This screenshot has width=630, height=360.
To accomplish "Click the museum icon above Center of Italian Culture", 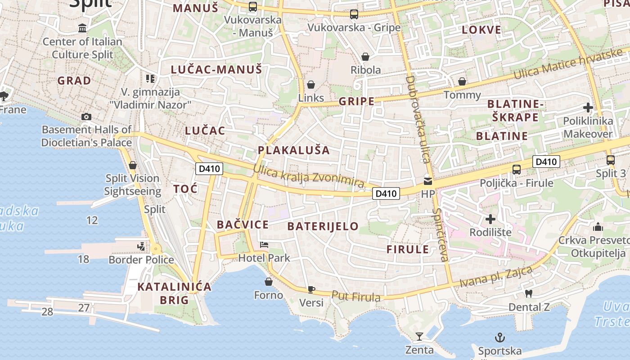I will pyautogui.click(x=82, y=28).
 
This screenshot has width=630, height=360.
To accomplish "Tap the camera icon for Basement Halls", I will pyautogui.click(x=86, y=117).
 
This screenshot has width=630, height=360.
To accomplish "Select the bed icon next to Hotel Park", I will pyautogui.click(x=264, y=245).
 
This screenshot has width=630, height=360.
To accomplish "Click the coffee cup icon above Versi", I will pyautogui.click(x=311, y=289).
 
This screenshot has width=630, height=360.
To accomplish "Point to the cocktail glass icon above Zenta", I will pyautogui.click(x=419, y=336).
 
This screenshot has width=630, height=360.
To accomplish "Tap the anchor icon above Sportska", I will pyautogui.click(x=499, y=337).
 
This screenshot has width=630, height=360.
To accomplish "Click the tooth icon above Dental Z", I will pyautogui.click(x=529, y=294).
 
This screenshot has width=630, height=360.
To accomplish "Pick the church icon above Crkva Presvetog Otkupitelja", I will pyautogui.click(x=598, y=227).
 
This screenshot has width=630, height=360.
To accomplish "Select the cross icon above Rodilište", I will pyautogui.click(x=490, y=219).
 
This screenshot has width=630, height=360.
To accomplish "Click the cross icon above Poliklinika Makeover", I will pyautogui.click(x=588, y=108).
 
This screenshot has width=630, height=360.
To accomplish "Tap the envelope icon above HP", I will pyautogui.click(x=427, y=181).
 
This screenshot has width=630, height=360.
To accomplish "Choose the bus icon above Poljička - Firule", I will pyautogui.click(x=517, y=170).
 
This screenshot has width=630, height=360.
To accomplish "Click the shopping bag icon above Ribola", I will pyautogui.click(x=365, y=57).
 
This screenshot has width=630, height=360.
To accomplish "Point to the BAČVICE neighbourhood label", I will pyautogui.click(x=243, y=225).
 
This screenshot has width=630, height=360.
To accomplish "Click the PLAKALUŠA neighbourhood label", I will pyautogui.click(x=294, y=150).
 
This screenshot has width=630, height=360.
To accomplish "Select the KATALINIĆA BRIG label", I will pyautogui.click(x=174, y=293).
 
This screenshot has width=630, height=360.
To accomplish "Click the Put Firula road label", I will pyautogui.click(x=356, y=297).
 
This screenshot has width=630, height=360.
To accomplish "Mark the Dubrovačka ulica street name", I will pyautogui.click(x=418, y=119).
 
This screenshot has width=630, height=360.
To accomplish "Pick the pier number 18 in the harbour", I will pyautogui.click(x=83, y=259).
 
